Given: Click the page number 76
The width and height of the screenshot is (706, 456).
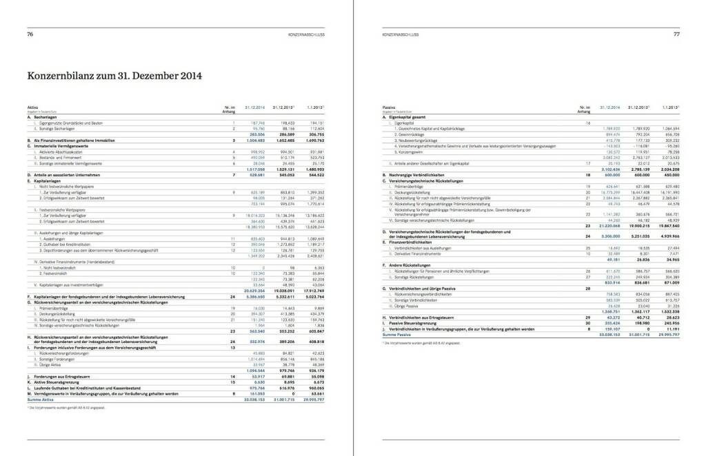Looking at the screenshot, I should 30,33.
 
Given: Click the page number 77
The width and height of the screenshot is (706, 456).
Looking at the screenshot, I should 676,33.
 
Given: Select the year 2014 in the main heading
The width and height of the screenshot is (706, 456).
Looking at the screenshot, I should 185,76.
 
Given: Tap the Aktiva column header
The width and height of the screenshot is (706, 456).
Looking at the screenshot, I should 32,107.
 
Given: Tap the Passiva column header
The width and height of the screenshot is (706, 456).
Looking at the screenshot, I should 389,107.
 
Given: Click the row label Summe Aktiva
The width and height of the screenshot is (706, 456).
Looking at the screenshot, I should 40,398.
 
